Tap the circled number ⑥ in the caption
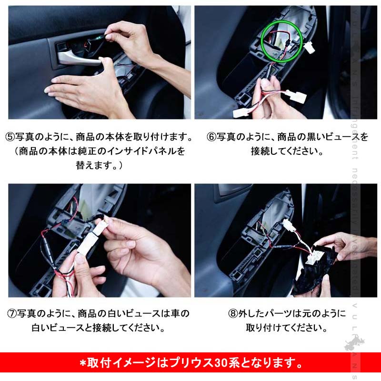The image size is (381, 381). [211, 137]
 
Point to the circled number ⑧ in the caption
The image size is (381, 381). [233, 313]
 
